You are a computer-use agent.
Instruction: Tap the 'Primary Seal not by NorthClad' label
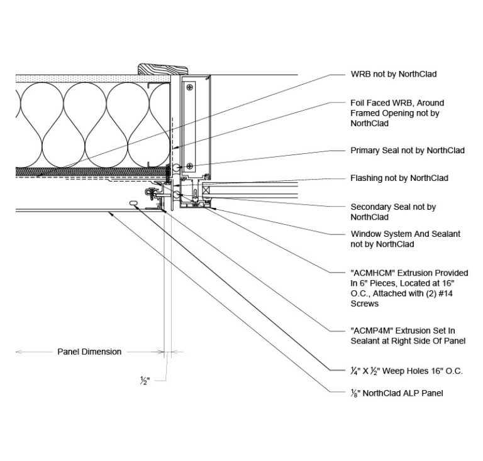(407, 151)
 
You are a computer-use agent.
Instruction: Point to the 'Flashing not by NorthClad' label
(399, 178)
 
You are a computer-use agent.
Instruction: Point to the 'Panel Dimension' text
(89, 352)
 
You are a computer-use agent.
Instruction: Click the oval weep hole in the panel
(133, 202)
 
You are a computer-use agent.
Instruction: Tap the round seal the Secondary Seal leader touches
(181, 196)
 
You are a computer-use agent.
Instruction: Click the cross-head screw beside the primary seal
(191, 166)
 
